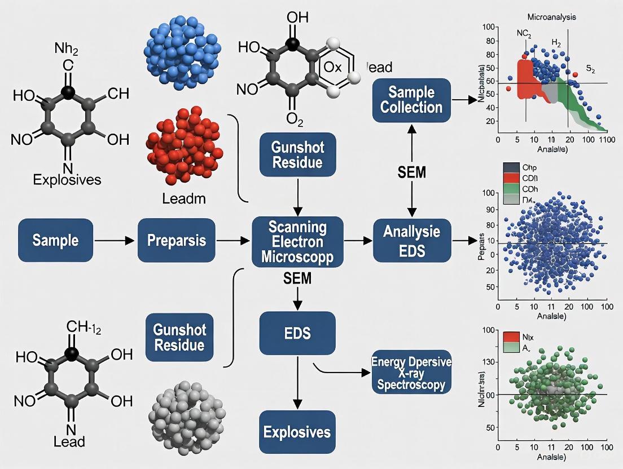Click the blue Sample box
pyautogui.click(x=55, y=240)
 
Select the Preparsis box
pyautogui.click(x=176, y=240)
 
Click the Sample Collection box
pyautogui.click(x=411, y=100)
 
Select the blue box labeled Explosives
pyautogui.click(x=297, y=432)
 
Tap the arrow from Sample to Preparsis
pyautogui.click(x=116, y=241)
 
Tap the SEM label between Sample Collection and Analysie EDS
pyautogui.click(x=411, y=172)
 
